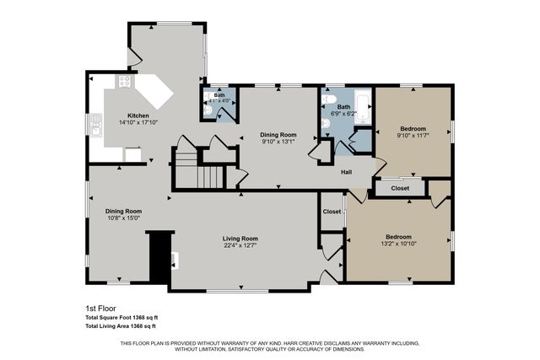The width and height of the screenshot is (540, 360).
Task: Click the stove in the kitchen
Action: click(x=126, y=83)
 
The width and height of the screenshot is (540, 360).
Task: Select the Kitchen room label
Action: click(x=138, y=115)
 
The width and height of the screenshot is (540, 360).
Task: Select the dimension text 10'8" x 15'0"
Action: click(x=123, y=218)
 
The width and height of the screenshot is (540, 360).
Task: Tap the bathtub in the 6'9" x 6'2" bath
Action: click(x=361, y=105)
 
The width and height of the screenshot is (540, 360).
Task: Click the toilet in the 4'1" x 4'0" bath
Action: click(x=208, y=110)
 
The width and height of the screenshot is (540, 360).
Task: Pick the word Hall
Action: click(x=346, y=172)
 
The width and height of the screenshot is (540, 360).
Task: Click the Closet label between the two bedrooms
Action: click(x=400, y=188)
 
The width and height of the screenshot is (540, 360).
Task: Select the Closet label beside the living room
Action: click(x=332, y=223)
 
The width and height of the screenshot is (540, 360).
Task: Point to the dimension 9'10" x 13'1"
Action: click(x=278, y=142)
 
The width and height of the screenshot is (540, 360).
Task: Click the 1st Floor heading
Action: click(x=100, y=308)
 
